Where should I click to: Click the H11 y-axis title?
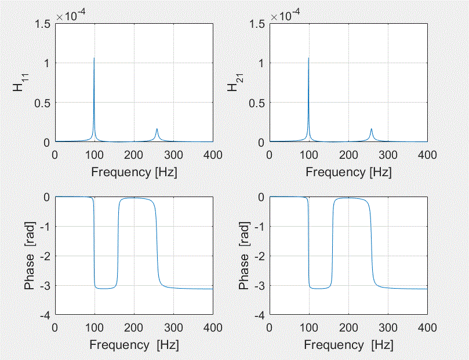tap(19, 82)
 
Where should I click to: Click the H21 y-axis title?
tap(233, 82)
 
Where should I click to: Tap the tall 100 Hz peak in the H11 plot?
tap(94, 59)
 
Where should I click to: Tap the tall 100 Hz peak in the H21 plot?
tap(308, 59)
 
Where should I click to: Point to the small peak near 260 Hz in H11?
tap(157, 130)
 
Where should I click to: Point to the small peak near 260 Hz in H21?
tap(371, 130)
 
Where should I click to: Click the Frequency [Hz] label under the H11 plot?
tap(134, 172)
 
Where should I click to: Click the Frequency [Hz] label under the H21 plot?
tap(348, 172)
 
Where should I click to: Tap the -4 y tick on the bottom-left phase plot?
tap(45, 315)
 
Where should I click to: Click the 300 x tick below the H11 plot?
tap(173, 155)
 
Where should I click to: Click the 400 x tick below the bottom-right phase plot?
tap(427, 327)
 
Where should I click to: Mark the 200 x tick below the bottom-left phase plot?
tap(134, 327)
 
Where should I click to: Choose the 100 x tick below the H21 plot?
tap(309, 155)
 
